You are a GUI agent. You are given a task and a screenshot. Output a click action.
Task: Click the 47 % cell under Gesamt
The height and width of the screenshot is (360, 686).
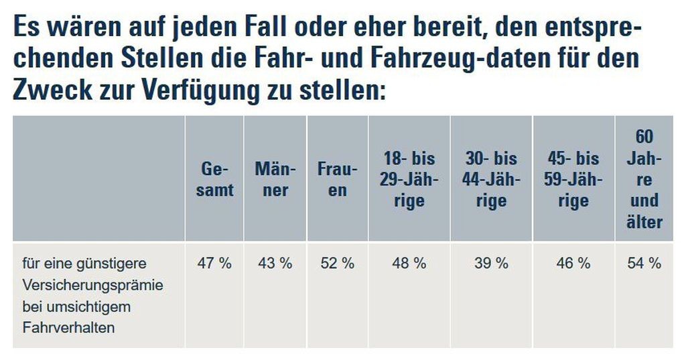(x=214, y=263)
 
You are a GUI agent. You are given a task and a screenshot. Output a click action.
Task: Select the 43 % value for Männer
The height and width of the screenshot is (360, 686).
(x=275, y=263)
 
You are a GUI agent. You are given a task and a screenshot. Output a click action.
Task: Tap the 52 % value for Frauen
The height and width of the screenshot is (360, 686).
(x=338, y=263)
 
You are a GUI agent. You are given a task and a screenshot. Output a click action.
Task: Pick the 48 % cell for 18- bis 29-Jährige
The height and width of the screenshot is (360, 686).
(x=409, y=263)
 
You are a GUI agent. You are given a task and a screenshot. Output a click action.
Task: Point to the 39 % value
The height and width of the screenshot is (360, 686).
(x=491, y=263)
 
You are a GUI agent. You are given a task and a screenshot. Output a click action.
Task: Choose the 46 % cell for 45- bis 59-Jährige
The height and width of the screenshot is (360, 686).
(x=573, y=263)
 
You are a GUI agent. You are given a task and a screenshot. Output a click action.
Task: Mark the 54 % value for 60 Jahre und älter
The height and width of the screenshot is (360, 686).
(x=644, y=263)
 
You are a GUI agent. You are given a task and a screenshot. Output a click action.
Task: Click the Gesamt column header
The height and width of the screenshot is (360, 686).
(x=214, y=179)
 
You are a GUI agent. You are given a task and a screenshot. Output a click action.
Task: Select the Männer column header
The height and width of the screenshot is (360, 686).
(x=275, y=179)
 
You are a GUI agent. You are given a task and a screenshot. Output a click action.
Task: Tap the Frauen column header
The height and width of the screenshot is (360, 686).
(x=338, y=179)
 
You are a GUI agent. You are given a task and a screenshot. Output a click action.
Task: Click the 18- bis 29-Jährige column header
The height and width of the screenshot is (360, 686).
(x=409, y=179)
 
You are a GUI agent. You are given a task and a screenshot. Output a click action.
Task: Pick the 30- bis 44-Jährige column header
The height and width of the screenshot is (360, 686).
(x=491, y=179)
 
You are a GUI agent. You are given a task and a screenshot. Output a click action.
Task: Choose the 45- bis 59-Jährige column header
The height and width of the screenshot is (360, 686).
(x=573, y=179)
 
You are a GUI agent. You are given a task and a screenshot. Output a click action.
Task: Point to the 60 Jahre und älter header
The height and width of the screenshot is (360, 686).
(x=644, y=179)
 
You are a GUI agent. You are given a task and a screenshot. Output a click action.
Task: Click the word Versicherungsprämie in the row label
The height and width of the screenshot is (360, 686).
(x=93, y=285)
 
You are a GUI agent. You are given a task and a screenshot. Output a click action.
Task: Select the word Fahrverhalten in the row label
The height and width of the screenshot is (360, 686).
(x=69, y=328)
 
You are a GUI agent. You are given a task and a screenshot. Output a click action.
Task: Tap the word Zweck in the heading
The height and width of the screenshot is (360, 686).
(x=52, y=89)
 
